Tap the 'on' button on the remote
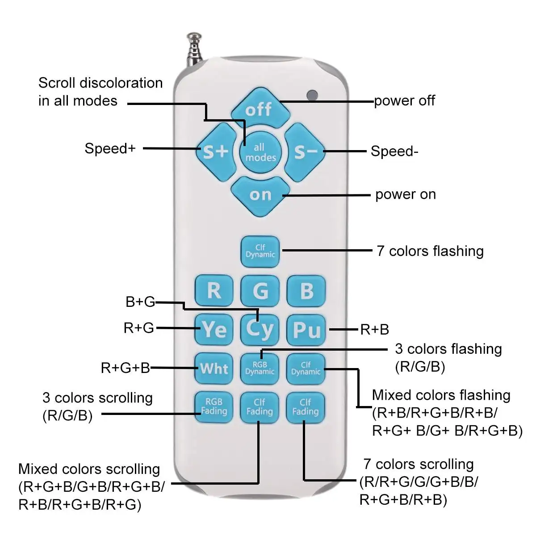(x=260, y=195)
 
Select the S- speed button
(x=305, y=152)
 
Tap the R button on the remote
(x=214, y=291)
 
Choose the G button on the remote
(x=260, y=291)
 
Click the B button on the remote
(x=306, y=291)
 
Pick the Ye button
(x=214, y=330)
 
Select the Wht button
(x=214, y=368)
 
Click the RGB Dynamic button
(x=260, y=368)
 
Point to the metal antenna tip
(x=193, y=36)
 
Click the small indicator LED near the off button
(x=312, y=95)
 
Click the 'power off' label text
(x=404, y=101)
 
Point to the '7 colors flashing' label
(x=430, y=251)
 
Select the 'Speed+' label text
(x=110, y=148)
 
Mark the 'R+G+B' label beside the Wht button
(x=126, y=368)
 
